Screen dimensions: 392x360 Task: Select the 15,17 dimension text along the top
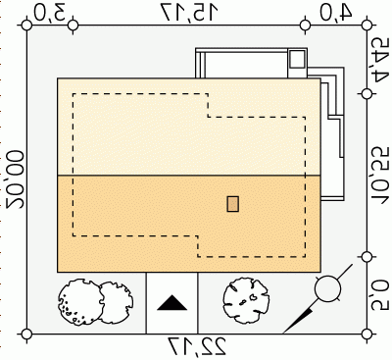pyautogui.click(x=190, y=13)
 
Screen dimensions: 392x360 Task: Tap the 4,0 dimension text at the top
pyautogui.click(x=336, y=13)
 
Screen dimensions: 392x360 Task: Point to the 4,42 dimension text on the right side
pyautogui.click(x=380, y=60)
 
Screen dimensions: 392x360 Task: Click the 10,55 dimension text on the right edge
pyautogui.click(x=381, y=174)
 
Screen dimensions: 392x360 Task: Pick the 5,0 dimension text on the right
pyautogui.click(x=381, y=293)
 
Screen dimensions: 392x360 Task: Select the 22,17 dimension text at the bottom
pyautogui.click(x=197, y=347)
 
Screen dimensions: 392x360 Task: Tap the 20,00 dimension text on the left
pyautogui.click(x=15, y=180)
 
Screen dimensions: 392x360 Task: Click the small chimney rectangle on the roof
pyautogui.click(x=233, y=204)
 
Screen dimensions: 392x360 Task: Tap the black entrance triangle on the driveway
pyautogui.click(x=172, y=303)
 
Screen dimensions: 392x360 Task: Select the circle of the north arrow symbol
pyautogui.click(x=327, y=288)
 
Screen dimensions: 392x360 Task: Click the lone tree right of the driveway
pyautogui.click(x=247, y=300)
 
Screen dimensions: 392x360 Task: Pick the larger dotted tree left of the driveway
pyautogui.click(x=80, y=302)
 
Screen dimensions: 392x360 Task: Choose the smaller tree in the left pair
pyautogui.click(x=116, y=302)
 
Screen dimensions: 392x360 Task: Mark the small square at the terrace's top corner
pyautogui.click(x=297, y=59)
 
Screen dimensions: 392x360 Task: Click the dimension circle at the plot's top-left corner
pyautogui.click(x=26, y=26)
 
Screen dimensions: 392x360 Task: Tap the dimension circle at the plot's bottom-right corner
pyautogui.click(x=367, y=334)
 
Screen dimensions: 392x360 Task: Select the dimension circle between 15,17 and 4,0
pyautogui.click(x=306, y=26)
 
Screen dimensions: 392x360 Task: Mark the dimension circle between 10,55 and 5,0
pyautogui.click(x=367, y=257)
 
